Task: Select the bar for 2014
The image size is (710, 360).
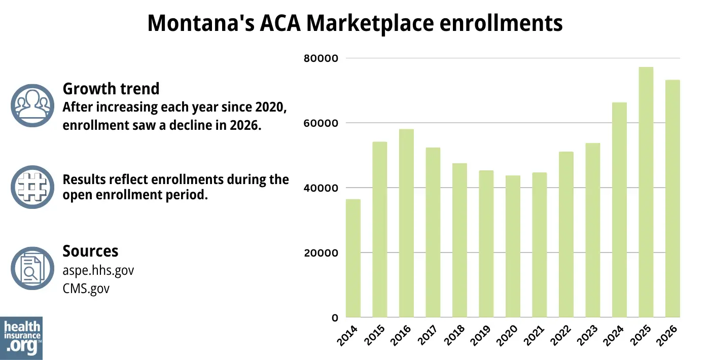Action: point(353,259)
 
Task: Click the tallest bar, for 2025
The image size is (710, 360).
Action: point(646,193)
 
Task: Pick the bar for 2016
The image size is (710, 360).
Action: point(406,223)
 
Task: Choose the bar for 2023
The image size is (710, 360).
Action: point(592,230)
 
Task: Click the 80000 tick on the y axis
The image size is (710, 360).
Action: point(321,58)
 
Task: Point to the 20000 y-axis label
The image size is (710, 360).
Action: point(321,253)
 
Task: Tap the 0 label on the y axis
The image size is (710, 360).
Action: point(335,318)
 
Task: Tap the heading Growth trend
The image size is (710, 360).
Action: point(111,89)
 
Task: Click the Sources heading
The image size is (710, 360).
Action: point(90,251)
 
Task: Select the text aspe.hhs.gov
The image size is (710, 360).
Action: point(98,270)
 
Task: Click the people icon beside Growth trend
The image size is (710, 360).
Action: point(32,105)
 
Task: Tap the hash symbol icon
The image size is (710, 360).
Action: point(32,187)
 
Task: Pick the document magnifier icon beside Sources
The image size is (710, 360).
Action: point(32,268)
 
